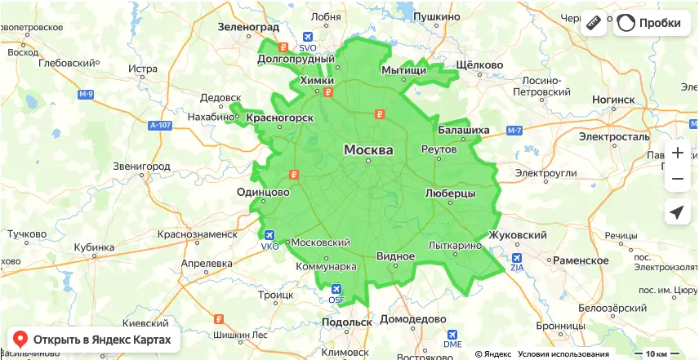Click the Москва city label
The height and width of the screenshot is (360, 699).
368,150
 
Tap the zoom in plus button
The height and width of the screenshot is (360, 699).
677,153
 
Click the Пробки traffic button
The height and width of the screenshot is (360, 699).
650,23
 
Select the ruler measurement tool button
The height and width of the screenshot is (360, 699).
594,23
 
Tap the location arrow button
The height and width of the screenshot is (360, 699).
677,212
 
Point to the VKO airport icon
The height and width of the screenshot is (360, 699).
269,235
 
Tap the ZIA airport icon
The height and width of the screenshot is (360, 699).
516,256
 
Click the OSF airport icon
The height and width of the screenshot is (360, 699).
336,289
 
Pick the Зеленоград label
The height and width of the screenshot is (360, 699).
248,27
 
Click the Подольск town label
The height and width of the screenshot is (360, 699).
347,322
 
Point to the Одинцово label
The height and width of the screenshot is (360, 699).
263,192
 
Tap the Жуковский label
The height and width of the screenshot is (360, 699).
517,235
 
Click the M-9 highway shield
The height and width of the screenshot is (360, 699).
86,95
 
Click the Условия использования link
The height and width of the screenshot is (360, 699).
563,354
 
